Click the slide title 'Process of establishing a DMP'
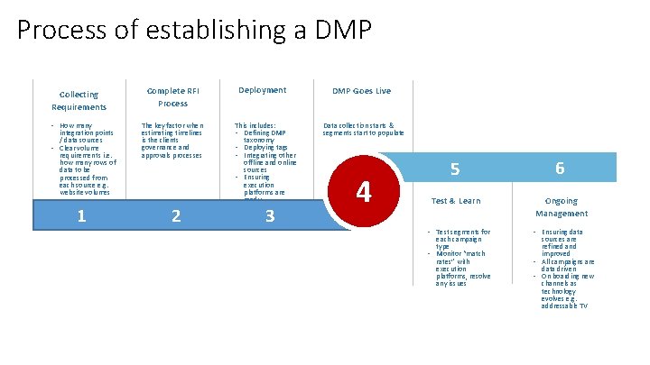pyautogui.click(x=194, y=32)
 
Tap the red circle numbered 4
pyautogui.click(x=364, y=191)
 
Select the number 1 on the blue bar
pyautogui.click(x=81, y=215)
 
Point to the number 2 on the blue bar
pyautogui.click(x=175, y=215)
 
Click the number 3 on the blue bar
pyautogui.click(x=270, y=215)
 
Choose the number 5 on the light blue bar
pyautogui.click(x=456, y=169)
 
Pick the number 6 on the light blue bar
pyautogui.click(x=560, y=169)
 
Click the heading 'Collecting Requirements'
pyautogui.click(x=79, y=100)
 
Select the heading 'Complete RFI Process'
pyautogui.click(x=172, y=96)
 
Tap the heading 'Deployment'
pyautogui.click(x=262, y=90)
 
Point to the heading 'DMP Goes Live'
pyautogui.click(x=361, y=90)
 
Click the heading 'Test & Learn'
pyautogui.click(x=456, y=201)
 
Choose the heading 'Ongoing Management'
pyautogui.click(x=561, y=206)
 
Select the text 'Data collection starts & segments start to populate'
pyautogui.click(x=364, y=129)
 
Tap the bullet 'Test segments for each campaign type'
pyautogui.click(x=462, y=238)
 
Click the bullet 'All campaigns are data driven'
pyautogui.click(x=568, y=265)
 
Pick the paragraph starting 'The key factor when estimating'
pyautogui.click(x=172, y=140)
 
